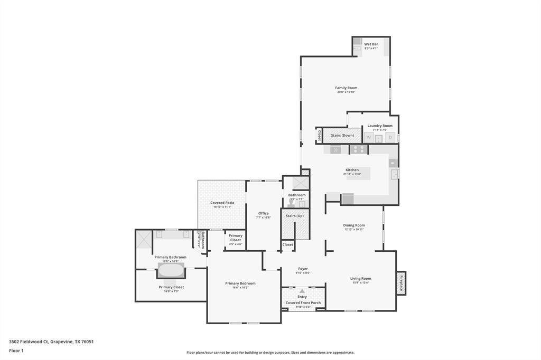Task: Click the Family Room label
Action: point(346,88)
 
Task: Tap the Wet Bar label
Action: point(371,44)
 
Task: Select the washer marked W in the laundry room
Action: point(369,137)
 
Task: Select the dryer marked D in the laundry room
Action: point(390,137)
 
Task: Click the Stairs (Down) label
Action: point(342,136)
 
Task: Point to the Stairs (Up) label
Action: point(294,216)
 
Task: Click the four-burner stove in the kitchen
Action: point(358,149)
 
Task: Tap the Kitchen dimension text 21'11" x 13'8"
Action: point(352,174)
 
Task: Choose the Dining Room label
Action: point(354,225)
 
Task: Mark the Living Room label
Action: point(360,278)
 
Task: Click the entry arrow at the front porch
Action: point(302,291)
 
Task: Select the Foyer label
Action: point(303,269)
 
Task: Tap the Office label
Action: point(263,213)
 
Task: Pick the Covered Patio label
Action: point(222,203)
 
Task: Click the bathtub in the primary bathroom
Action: point(171,271)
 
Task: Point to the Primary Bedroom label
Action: point(240,283)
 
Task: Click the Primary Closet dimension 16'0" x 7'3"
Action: point(171,291)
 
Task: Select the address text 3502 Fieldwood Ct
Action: point(29,342)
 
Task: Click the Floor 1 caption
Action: point(16,350)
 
